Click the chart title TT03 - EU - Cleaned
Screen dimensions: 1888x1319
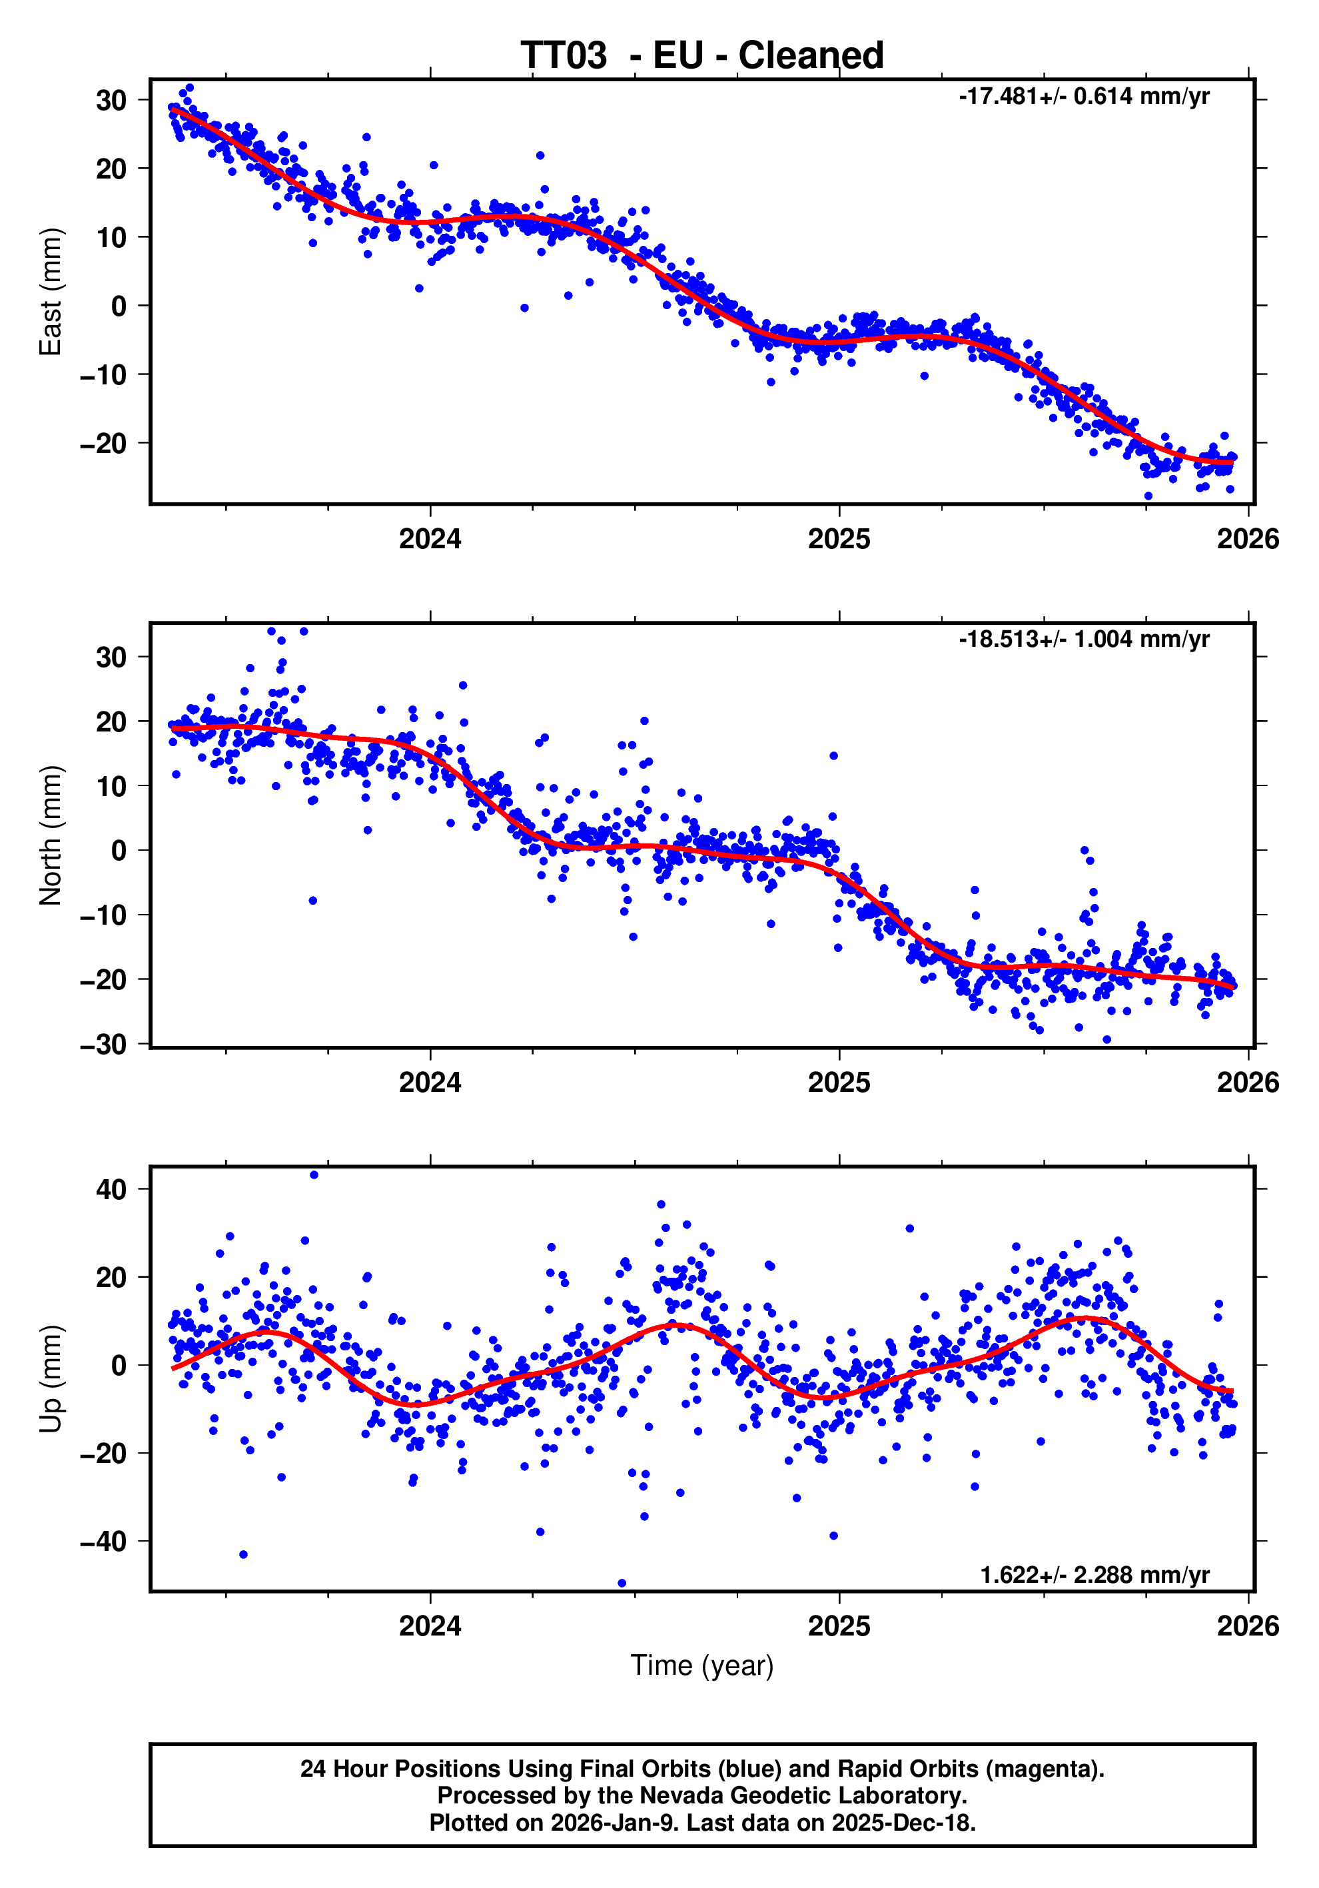click(x=701, y=56)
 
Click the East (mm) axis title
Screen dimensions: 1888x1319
click(x=51, y=292)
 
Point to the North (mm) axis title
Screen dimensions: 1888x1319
click(x=51, y=835)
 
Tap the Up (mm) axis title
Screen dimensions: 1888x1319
click(x=51, y=1379)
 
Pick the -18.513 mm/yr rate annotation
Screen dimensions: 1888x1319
click(x=1083, y=639)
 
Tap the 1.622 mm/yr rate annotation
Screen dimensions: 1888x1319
click(x=1094, y=1575)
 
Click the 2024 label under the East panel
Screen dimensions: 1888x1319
click(x=430, y=540)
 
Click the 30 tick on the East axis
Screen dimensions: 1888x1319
click(x=111, y=101)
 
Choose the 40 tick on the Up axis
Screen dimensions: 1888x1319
click(x=111, y=1189)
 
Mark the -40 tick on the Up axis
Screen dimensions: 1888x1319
click(x=104, y=1542)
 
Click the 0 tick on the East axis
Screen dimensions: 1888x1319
click(x=119, y=306)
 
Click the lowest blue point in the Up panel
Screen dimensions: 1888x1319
click(x=622, y=1583)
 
